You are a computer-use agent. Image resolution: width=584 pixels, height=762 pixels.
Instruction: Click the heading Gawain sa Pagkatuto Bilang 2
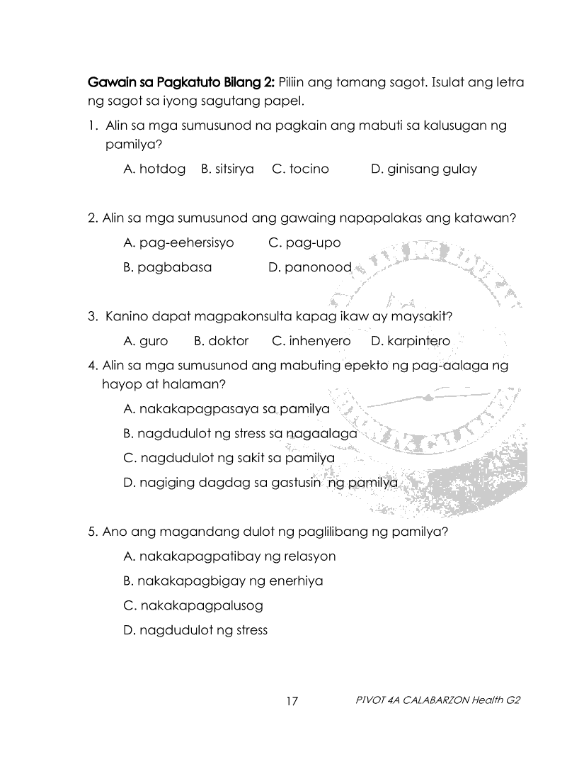tap(182, 82)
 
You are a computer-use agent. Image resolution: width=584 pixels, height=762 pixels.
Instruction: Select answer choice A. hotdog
tap(154, 169)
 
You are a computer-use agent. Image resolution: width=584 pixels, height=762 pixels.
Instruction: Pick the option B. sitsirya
tap(227, 169)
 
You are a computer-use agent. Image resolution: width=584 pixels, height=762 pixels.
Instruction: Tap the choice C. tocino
tap(300, 169)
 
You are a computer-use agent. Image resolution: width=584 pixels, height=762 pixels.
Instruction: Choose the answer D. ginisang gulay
tap(423, 169)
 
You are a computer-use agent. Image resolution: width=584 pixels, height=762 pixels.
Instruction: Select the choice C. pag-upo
tap(304, 242)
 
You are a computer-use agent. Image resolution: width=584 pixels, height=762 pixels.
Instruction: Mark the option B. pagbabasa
tap(167, 267)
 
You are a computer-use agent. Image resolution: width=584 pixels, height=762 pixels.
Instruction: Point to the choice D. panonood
tap(310, 267)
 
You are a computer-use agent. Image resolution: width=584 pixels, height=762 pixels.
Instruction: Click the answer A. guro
tap(146, 341)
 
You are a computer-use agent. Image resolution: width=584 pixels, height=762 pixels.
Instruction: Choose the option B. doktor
tap(221, 341)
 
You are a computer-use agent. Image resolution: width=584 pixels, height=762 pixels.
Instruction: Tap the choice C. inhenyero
tap(311, 341)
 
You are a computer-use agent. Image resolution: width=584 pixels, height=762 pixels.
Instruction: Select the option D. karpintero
tap(410, 341)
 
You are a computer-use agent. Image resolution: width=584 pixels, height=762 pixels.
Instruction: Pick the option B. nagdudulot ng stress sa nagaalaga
tap(240, 433)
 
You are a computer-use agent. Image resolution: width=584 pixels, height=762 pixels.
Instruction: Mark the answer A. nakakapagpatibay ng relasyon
tap(229, 556)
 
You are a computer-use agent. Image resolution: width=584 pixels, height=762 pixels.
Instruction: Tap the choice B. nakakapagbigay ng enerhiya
tap(223, 581)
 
